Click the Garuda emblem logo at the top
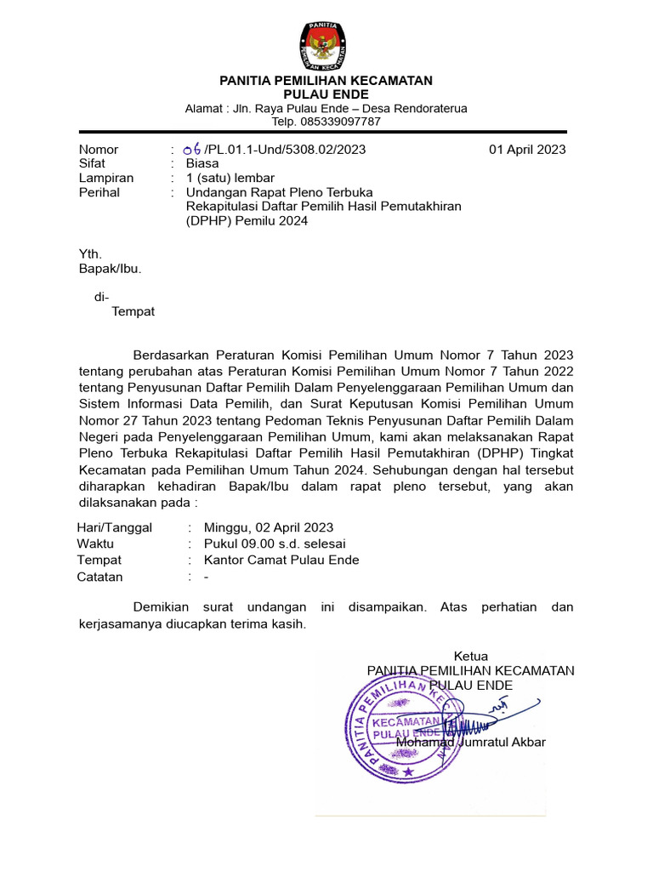[326, 46]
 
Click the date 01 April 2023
[527, 150]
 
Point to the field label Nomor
[99, 150]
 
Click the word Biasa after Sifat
[202, 163]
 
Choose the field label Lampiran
[106, 178]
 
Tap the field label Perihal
[99, 192]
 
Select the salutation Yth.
[90, 253]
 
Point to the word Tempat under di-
[133, 311]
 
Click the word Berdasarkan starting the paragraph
[175, 355]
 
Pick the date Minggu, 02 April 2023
[269, 527]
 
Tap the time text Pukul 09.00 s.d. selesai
[275, 544]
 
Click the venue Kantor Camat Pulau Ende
[281, 560]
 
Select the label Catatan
[100, 577]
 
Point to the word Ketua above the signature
[470, 656]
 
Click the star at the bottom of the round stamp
[407, 771]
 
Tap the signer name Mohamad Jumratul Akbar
[470, 742]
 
